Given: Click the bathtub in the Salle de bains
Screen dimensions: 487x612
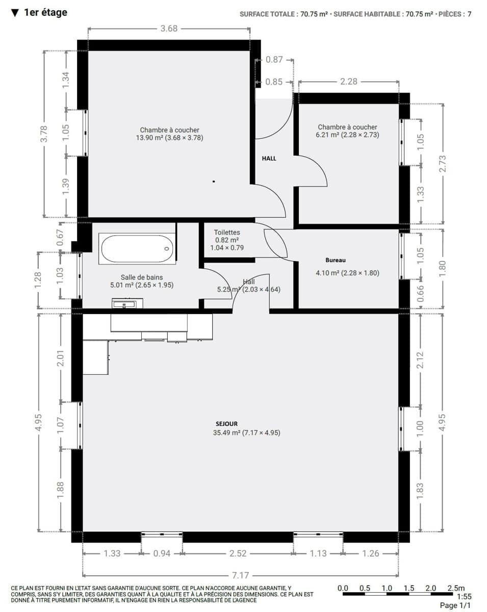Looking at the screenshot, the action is (x=137, y=248).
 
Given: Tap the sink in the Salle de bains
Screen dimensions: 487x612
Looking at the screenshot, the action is (x=127, y=303).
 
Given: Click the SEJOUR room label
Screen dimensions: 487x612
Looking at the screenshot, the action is (x=226, y=424).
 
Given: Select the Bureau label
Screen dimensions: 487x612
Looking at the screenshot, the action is (x=336, y=260).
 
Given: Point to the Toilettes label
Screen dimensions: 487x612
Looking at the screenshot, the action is (x=227, y=233).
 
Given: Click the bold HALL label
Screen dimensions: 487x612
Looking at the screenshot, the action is (x=269, y=159).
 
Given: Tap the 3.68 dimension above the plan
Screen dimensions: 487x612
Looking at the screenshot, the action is (x=169, y=29).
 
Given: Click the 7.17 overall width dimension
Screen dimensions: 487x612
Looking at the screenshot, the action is (x=240, y=575).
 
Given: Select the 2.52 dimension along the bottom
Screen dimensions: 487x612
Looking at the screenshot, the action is (x=238, y=553).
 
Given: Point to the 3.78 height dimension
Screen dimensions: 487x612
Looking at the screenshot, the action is (x=44, y=134).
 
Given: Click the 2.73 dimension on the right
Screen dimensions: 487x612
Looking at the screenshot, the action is (x=443, y=164).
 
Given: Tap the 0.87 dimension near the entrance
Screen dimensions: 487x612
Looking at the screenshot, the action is (x=274, y=60).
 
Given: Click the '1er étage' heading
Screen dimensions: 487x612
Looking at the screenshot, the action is (x=45, y=13).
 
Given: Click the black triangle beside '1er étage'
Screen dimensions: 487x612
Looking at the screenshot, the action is (x=15, y=13).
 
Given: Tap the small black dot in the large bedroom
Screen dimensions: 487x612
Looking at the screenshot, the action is (x=214, y=181).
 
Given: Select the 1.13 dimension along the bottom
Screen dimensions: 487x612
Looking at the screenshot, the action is (x=318, y=553).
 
